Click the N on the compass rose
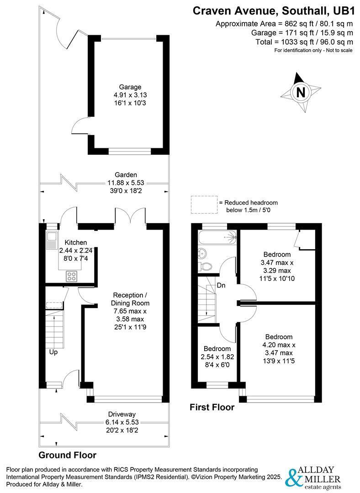[x=301, y=92]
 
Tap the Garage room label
[x=130, y=87]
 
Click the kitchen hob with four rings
[x=72, y=276]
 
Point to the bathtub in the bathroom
[x=217, y=237]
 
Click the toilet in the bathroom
[x=205, y=266]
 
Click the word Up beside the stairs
[x=53, y=352]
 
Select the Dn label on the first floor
[x=221, y=285]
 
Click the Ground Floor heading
[x=67, y=455]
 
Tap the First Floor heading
[x=212, y=407]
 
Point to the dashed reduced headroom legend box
[x=204, y=205]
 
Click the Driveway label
[x=122, y=414]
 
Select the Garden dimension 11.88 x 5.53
[x=126, y=183]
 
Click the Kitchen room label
[x=75, y=242]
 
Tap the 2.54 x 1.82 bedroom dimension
[x=217, y=357]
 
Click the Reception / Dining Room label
[x=130, y=299]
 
